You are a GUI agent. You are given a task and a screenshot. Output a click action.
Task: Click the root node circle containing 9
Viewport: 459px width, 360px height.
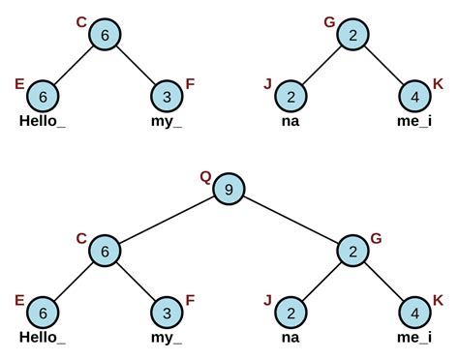pos(229,190)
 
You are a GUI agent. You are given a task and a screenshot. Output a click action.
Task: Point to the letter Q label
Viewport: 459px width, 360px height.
pos(205,176)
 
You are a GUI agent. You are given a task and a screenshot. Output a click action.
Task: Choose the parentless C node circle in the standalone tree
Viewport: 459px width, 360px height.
pos(105,34)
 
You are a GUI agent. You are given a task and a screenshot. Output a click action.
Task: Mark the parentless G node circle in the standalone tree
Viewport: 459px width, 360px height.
pos(352,34)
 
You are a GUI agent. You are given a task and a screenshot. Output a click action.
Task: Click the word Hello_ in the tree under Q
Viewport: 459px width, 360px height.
pos(44,338)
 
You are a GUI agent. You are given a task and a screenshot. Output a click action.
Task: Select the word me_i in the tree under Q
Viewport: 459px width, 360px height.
pos(414,338)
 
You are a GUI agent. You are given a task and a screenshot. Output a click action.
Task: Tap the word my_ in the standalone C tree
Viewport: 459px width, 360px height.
pos(167,121)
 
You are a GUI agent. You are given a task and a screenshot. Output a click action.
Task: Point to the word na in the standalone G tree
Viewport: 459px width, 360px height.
pos(291,121)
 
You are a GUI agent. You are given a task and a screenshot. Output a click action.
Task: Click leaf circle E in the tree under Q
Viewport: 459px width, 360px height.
pos(44,312)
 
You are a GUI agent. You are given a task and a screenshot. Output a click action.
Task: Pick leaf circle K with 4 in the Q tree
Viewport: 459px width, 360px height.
pos(414,312)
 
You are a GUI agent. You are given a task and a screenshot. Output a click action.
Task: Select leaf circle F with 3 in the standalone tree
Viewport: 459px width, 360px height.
pos(167,96)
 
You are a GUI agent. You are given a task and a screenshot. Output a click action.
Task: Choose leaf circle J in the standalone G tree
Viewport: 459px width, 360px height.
pos(291,96)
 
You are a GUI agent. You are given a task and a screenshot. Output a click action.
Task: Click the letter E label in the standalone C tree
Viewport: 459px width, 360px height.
pos(19,84)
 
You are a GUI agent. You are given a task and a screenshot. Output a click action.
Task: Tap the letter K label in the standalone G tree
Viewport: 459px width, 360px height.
pos(438,84)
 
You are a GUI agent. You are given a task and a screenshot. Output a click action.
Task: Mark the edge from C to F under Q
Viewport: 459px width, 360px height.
pos(136,281)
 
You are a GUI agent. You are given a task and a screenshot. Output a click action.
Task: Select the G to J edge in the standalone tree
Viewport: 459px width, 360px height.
pos(321,65)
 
